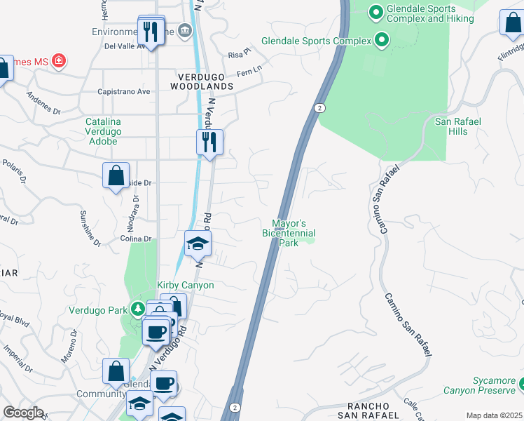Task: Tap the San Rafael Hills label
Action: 458,126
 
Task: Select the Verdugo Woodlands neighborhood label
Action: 201,81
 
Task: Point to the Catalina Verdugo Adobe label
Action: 103,131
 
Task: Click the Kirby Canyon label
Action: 185,285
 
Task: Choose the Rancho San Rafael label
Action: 368,411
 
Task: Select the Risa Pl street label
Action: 239,53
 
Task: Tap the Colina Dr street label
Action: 136,239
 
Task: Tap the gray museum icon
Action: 185,29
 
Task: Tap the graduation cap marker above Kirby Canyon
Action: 198,243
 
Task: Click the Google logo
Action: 23,413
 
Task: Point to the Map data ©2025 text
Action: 495,415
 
